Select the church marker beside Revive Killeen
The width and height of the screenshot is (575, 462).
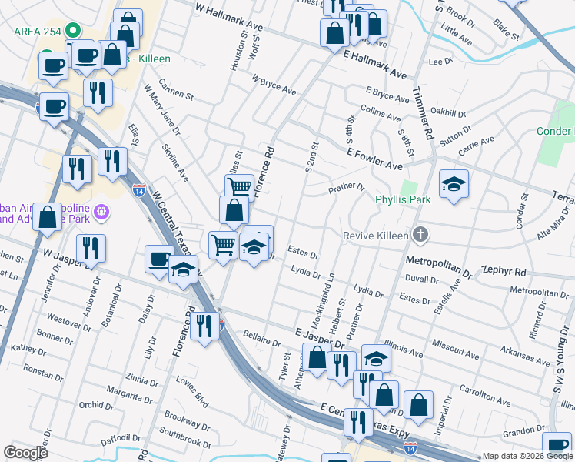(420, 233)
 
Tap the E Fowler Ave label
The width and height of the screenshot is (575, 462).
(374, 160)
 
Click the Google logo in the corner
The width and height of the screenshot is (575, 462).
(25, 452)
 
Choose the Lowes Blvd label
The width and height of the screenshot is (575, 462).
(191, 390)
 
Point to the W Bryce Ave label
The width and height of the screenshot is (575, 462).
(274, 85)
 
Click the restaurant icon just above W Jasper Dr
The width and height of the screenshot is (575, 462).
(91, 248)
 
